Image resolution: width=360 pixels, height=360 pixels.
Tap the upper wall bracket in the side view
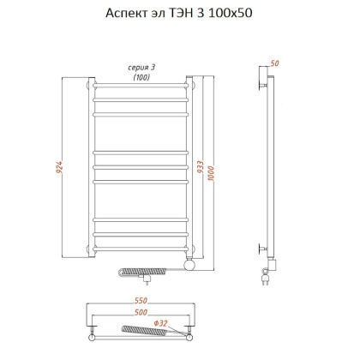264,84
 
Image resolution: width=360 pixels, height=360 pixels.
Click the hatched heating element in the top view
137,328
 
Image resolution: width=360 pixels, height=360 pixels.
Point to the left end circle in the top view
92,327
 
